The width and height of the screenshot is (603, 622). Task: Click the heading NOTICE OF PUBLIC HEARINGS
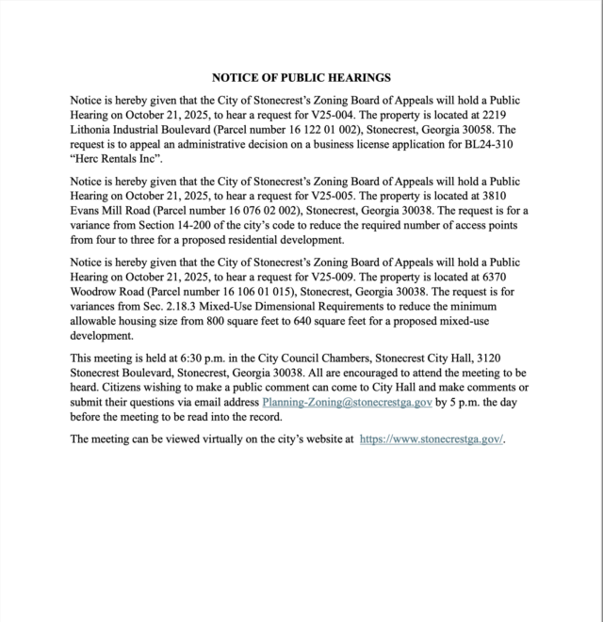click(x=301, y=78)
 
